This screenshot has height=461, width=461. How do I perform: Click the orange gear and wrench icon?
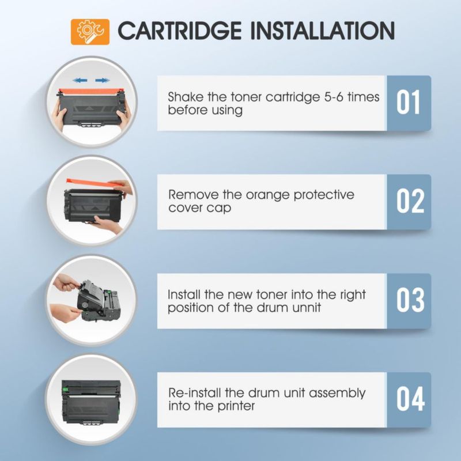tap(90, 32)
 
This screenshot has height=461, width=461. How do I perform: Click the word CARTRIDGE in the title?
tap(180, 31)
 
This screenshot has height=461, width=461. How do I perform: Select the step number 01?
tap(408, 103)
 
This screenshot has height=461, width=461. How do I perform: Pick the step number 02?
tap(410, 201)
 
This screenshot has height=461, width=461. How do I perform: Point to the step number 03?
tap(410, 300)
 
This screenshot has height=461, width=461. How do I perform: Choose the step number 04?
tap(410, 399)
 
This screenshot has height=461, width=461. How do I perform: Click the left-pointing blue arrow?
tap(80, 80)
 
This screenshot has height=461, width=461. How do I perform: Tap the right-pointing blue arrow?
tap(103, 80)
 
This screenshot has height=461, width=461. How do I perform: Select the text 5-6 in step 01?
tap(334, 97)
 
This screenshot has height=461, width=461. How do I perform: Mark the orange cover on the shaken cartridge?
tap(90, 92)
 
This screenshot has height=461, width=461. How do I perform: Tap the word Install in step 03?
tap(184, 294)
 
